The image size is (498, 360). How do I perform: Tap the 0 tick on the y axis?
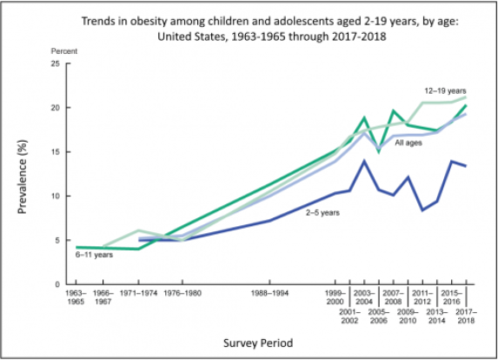coord(56,284)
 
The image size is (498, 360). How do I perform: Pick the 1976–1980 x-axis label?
coord(182,294)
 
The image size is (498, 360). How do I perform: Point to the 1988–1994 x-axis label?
coord(269,294)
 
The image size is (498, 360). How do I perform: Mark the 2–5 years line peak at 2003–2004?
coord(363,161)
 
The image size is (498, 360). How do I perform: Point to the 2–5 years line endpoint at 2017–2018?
coord(466,166)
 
